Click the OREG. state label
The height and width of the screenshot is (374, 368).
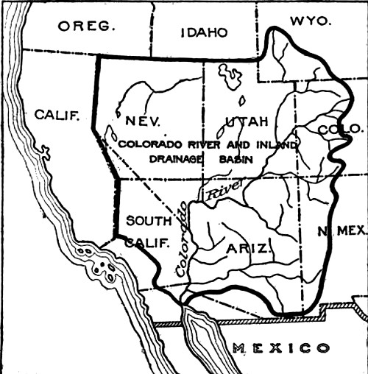pos(88,27)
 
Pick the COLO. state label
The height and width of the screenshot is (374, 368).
pos(336,130)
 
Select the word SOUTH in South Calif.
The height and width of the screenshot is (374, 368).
pos(149,220)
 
